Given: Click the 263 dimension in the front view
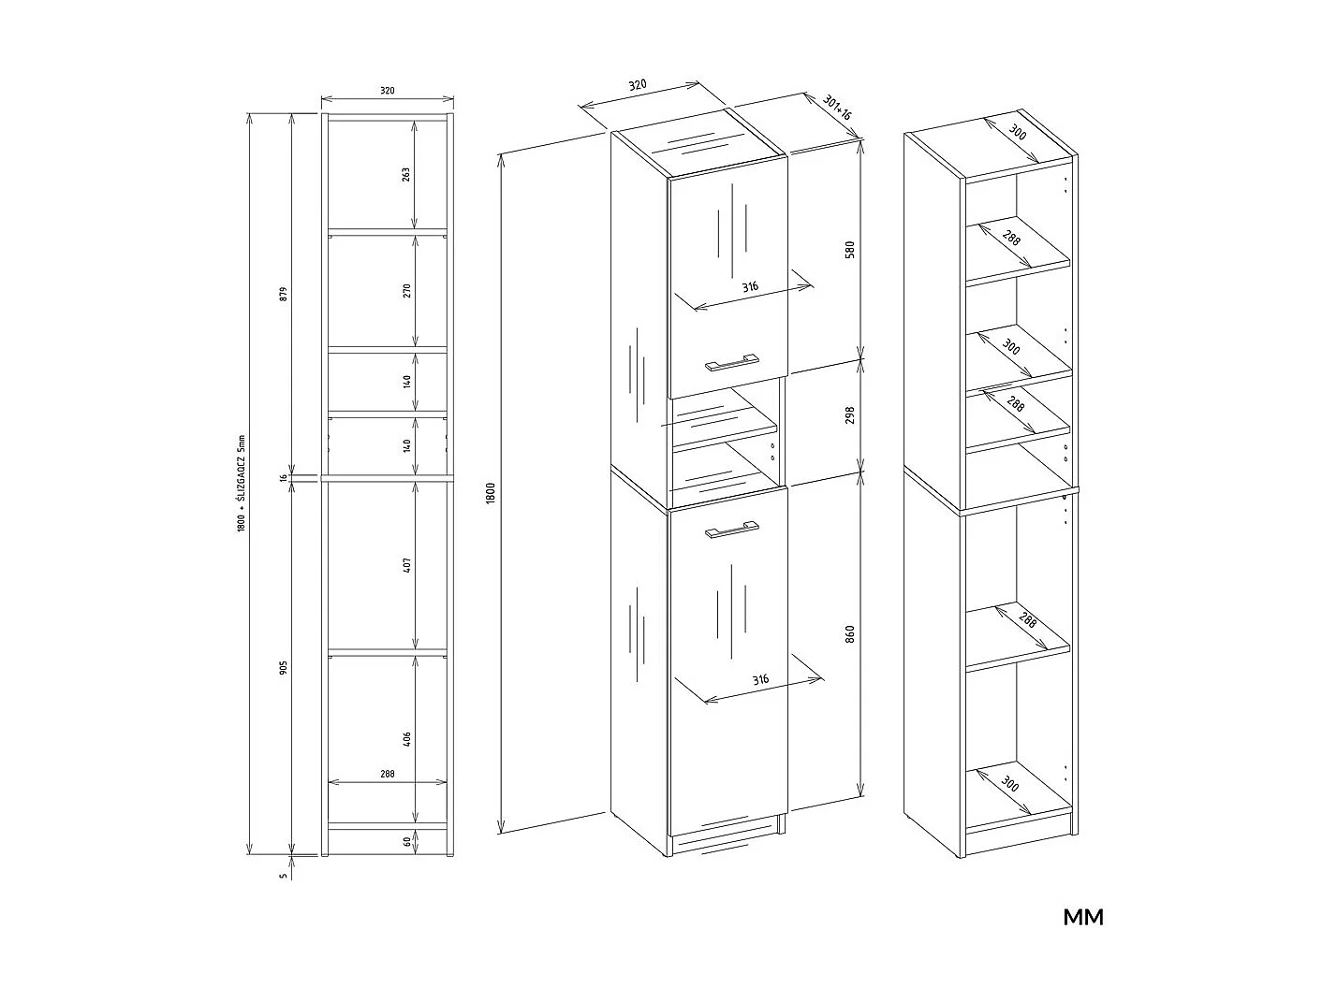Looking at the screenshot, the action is pos(406,175).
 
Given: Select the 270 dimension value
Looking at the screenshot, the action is pos(406,290).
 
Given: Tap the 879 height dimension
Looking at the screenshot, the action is pos(283,294).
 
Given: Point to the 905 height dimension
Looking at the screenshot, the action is pos(283,668).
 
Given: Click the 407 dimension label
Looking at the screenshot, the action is pos(406,564).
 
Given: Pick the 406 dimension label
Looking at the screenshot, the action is pos(406,739).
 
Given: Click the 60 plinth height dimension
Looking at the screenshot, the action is pos(406,841).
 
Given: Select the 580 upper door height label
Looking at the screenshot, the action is pos(850,250).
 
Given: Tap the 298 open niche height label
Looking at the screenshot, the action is pos(850,414).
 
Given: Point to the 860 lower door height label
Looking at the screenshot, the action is pos(850,633).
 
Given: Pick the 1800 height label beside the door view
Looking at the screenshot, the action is pos(491,493).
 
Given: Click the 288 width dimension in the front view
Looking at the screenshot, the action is pos(388,774).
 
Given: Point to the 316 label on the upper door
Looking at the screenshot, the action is pos(750,286).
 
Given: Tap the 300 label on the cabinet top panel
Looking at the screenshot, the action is pos(1017,132).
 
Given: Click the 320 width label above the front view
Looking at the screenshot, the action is pos(388,91).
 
